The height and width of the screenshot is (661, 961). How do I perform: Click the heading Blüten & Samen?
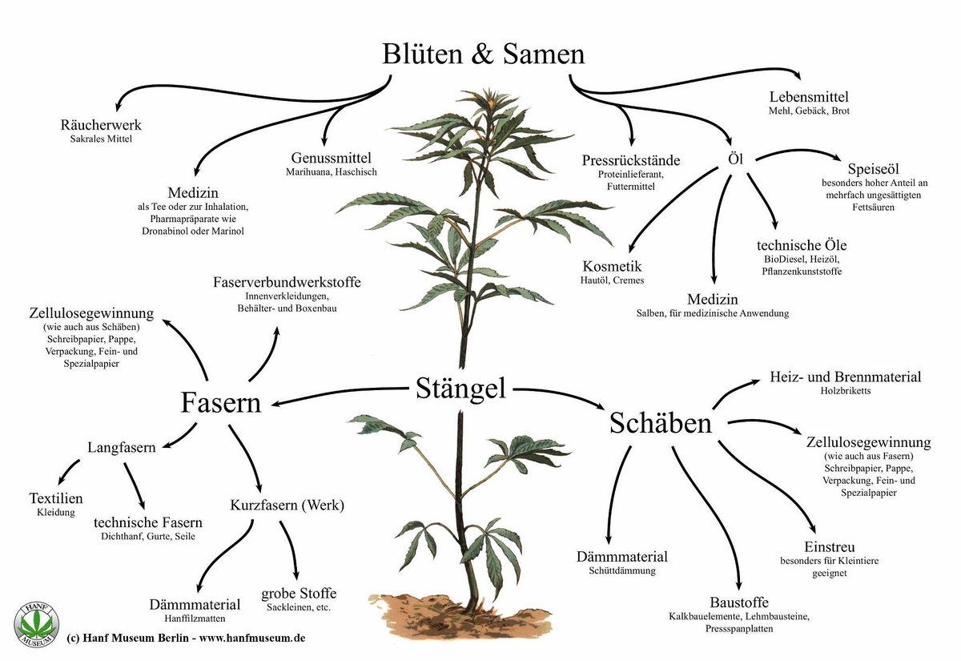click(483, 54)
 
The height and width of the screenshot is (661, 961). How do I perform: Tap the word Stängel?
click(460, 389)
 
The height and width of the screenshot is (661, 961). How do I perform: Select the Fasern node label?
click(221, 402)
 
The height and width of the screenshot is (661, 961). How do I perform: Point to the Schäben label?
click(661, 423)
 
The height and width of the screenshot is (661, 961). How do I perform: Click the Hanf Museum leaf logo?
click(36, 624)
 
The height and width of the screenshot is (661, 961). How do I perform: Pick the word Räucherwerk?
click(101, 125)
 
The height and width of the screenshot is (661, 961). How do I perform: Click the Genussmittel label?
click(332, 159)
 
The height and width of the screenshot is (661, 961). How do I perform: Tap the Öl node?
click(735, 159)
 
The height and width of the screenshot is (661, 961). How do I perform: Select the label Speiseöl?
click(874, 169)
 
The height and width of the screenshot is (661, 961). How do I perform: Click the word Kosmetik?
click(612, 266)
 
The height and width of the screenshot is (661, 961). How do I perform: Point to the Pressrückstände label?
click(631, 160)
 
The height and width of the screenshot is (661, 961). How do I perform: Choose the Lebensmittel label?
click(809, 97)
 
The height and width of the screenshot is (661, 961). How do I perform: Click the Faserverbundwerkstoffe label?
click(287, 282)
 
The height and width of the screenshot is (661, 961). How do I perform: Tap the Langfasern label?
click(122, 447)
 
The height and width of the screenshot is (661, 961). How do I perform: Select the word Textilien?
click(56, 498)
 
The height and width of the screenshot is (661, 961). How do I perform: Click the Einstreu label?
click(830, 546)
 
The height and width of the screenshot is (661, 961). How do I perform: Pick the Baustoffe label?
click(738, 603)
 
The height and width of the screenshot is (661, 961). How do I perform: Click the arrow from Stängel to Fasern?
click(339, 393)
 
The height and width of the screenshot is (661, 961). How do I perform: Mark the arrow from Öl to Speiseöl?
click(798, 151)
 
